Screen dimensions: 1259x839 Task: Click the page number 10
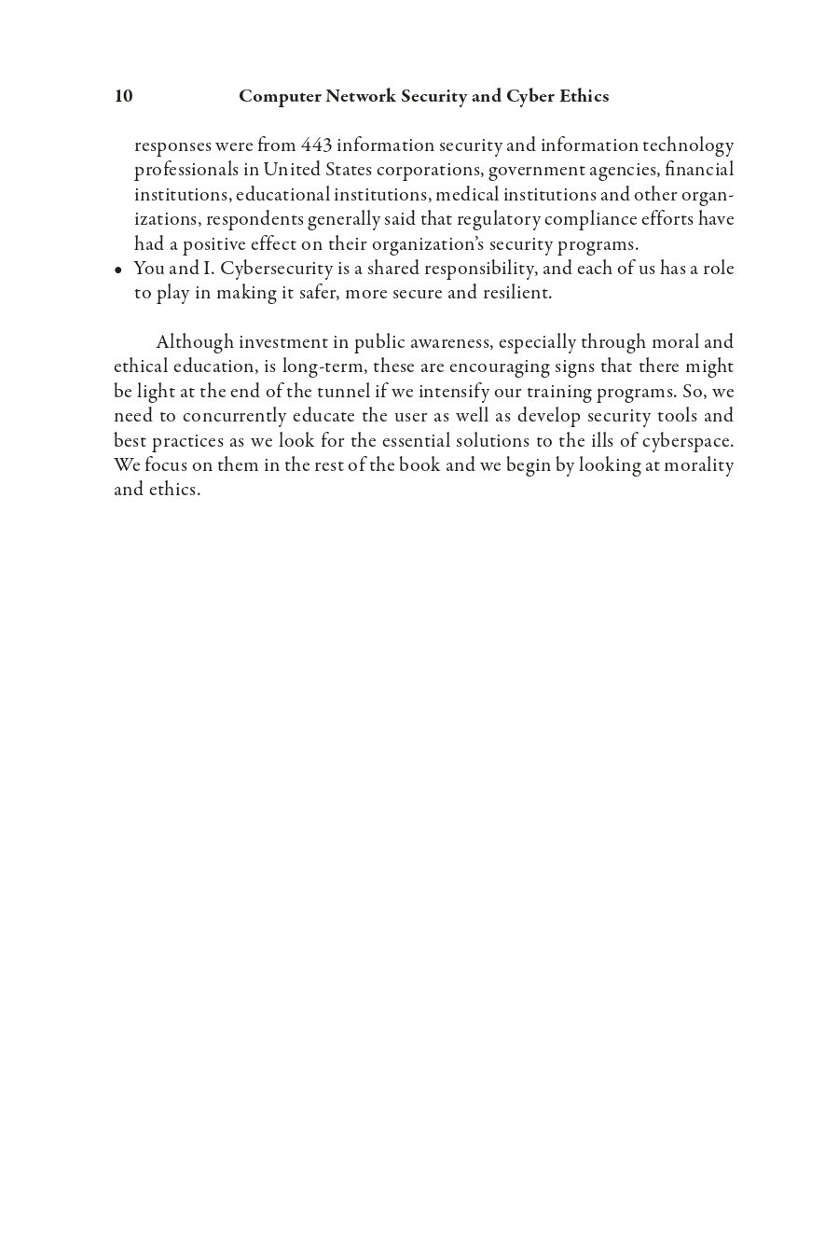(123, 96)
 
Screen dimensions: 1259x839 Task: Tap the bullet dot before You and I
(118, 270)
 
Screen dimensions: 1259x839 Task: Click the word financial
(699, 170)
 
